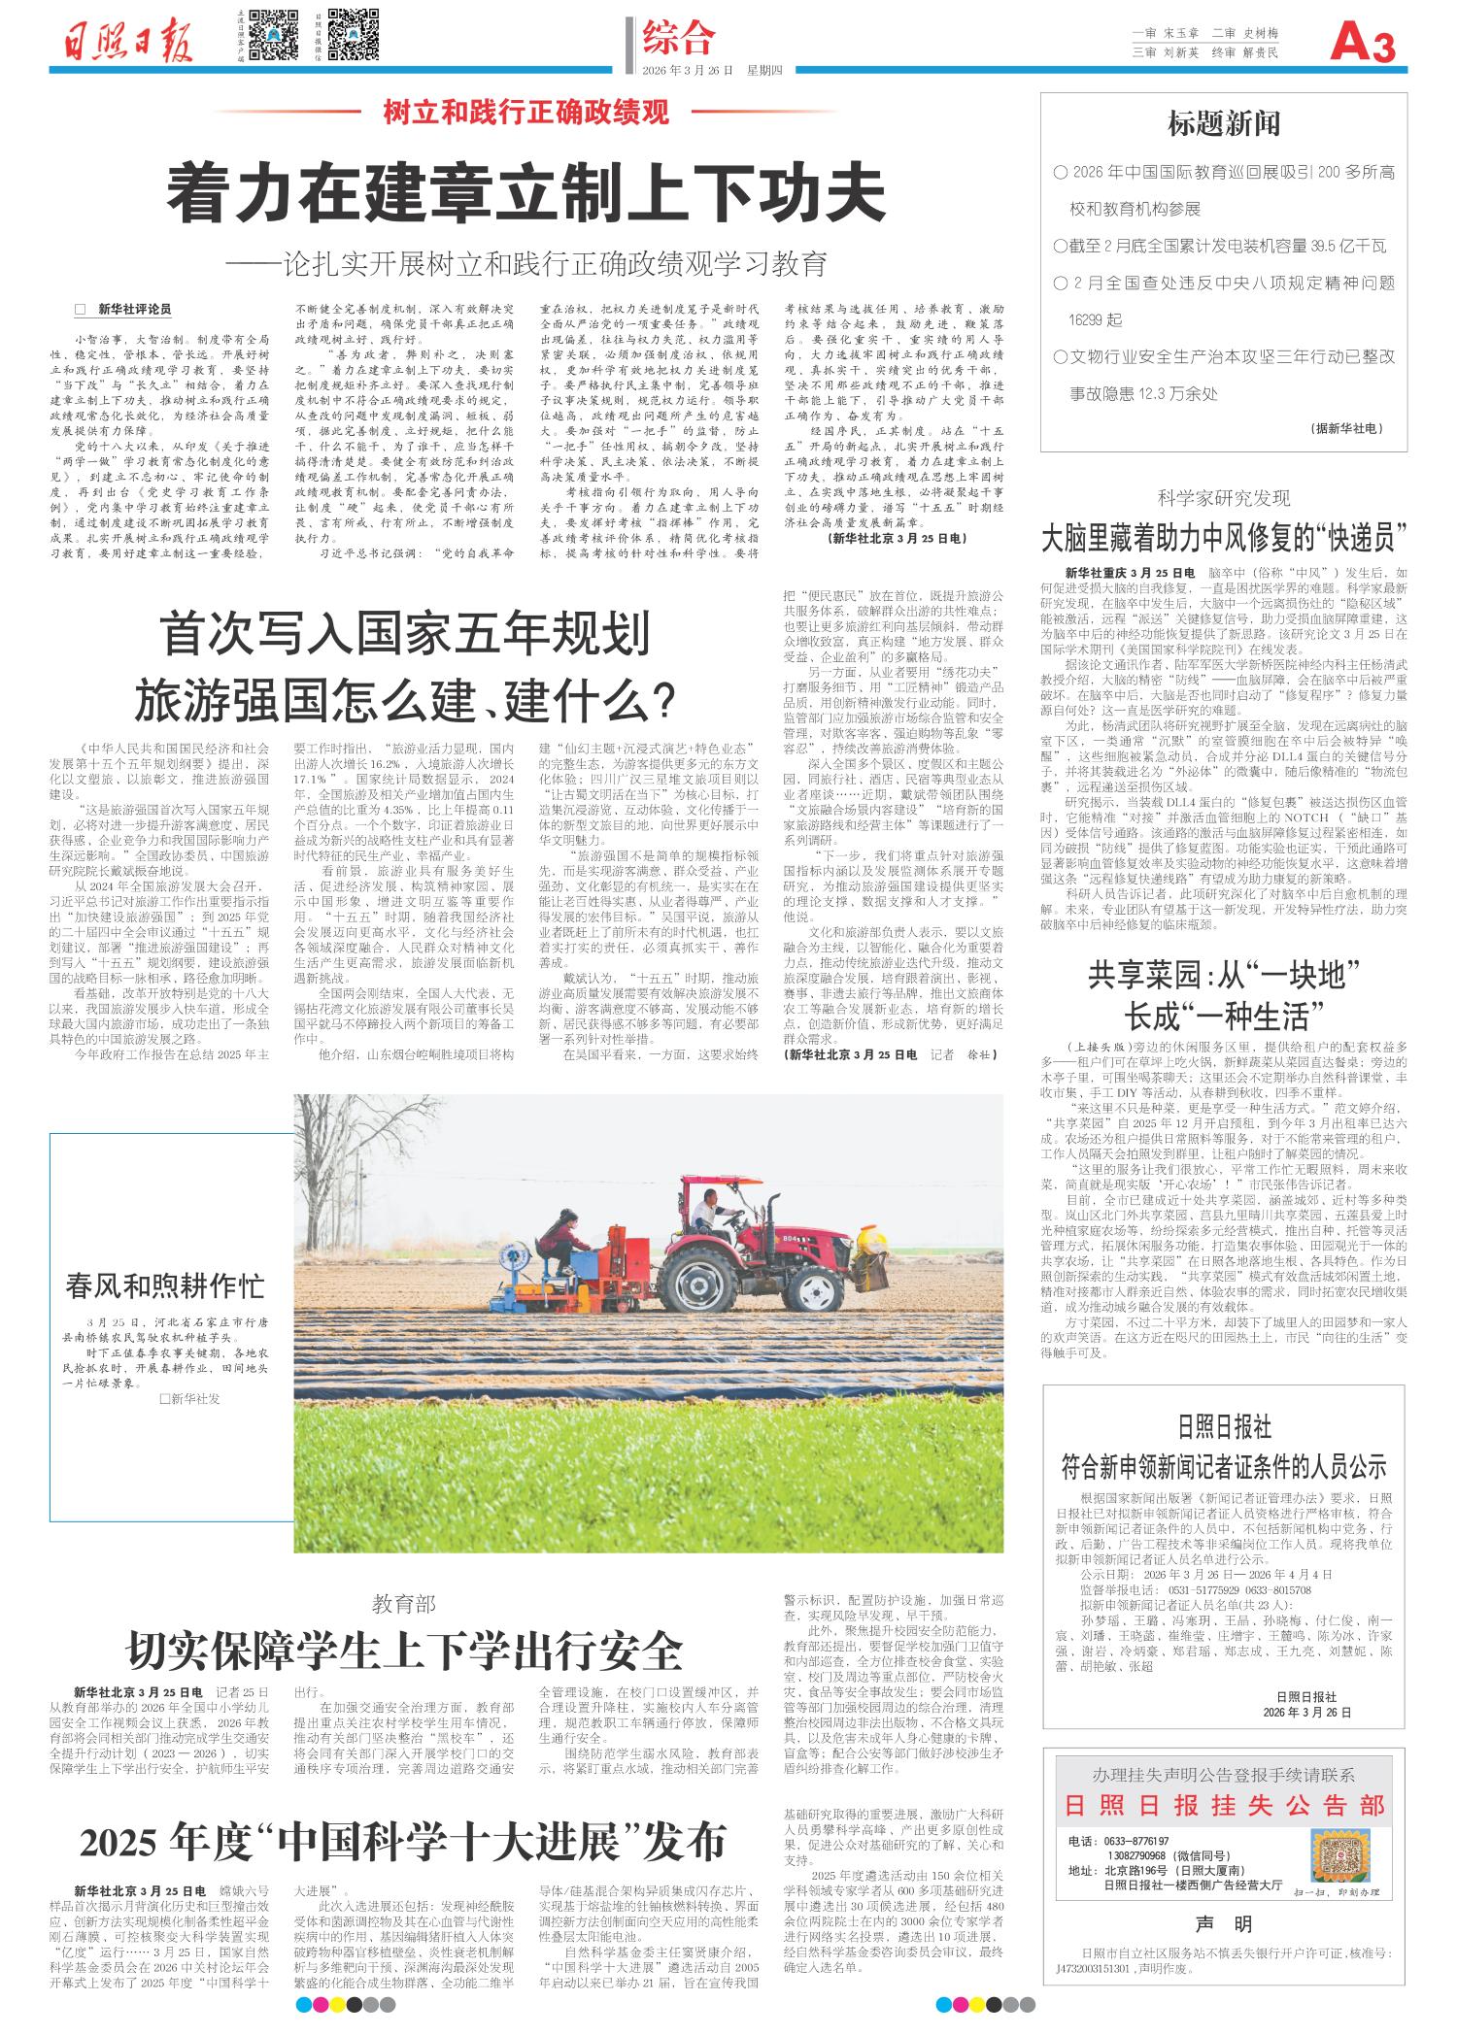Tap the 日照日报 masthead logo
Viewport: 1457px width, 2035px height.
click(131, 42)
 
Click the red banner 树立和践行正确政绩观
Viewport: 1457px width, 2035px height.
click(526, 113)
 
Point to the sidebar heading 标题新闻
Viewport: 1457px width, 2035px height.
click(1223, 123)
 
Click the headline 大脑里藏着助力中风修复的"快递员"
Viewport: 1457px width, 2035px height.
click(1223, 537)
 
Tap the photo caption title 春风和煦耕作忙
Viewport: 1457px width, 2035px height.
click(165, 1286)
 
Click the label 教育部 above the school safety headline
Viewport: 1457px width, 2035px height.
click(404, 1603)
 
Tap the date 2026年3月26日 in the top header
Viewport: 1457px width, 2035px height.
click(691, 70)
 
